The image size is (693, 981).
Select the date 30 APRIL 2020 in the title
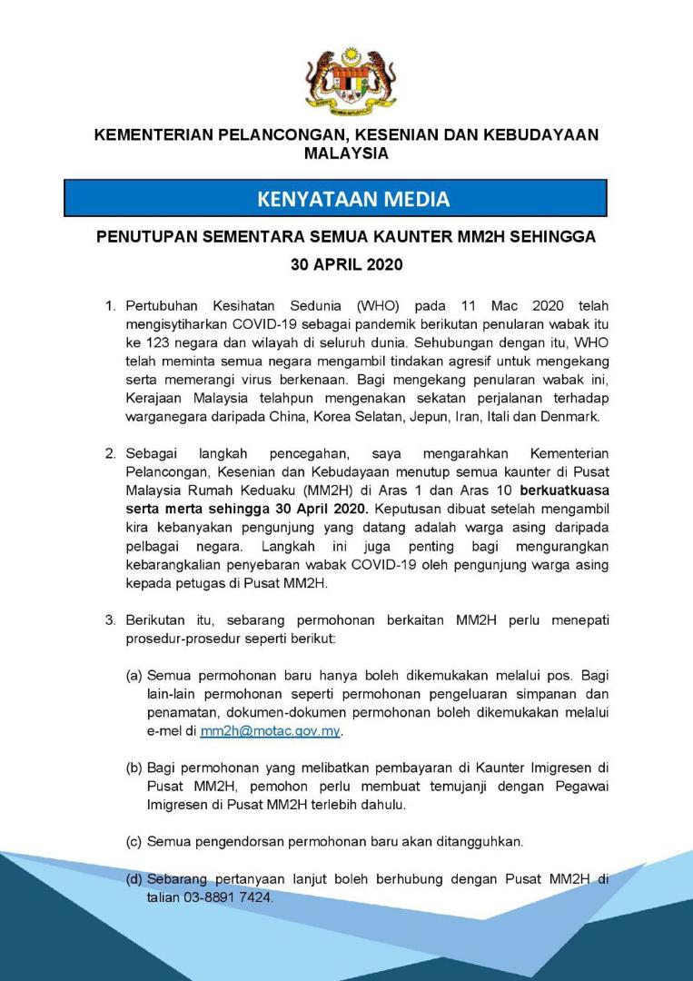[346, 266]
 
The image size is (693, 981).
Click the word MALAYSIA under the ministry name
[346, 154]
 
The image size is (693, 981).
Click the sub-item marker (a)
[134, 676]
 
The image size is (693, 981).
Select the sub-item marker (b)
[134, 768]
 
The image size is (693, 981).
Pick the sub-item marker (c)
[134, 842]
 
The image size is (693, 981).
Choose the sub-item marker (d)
[134, 879]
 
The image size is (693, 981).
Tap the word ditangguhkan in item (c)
[480, 842]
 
